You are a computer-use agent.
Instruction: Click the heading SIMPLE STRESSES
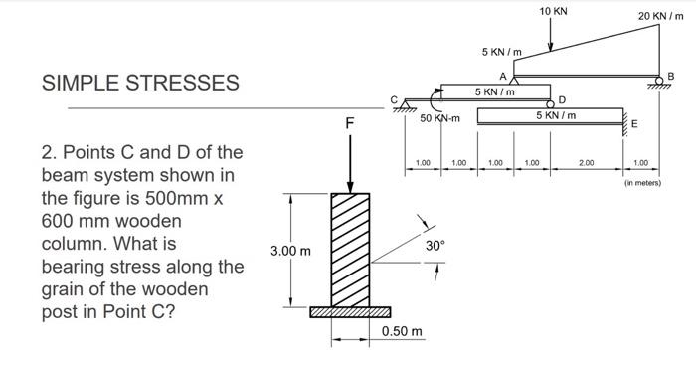pos(139,83)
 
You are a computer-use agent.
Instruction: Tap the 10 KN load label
pos(554,11)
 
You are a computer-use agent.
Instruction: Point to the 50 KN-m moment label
pos(437,118)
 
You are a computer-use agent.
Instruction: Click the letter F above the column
pos(349,124)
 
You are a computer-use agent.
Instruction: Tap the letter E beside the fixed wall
pos(635,123)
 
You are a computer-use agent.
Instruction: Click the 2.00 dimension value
pos(587,161)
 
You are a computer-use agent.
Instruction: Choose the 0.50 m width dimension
pos(402,330)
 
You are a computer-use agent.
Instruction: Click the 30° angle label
pos(433,244)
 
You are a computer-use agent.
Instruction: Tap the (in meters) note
pos(642,183)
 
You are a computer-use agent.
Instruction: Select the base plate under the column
pos(351,312)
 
